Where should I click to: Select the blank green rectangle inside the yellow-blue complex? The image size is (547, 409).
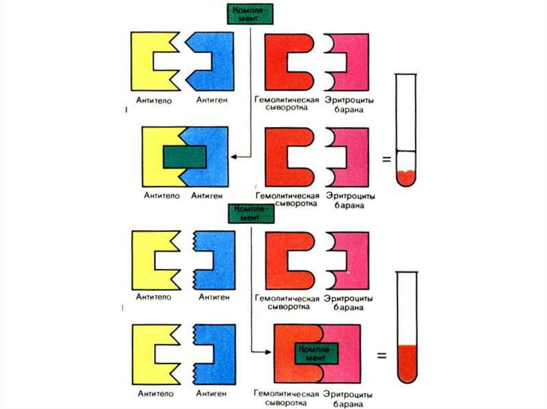[184, 157]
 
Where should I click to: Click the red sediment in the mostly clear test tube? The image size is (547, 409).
[407, 178]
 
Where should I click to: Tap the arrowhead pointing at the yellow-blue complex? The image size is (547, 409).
[234, 157]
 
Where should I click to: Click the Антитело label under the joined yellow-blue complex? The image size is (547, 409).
[158, 195]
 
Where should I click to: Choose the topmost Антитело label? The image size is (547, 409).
[153, 100]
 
